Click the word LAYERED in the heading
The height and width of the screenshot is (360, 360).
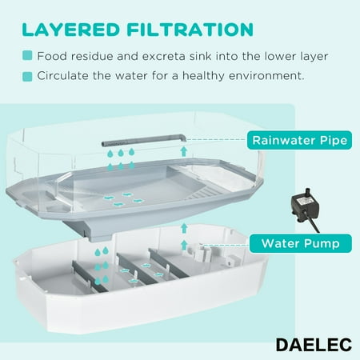pos(70,30)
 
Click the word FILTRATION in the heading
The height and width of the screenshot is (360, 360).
pos(190,30)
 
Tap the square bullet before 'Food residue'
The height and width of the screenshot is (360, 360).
pos(27,56)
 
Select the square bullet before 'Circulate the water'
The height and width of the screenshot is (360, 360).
pos(27,76)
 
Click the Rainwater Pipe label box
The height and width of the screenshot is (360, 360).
pos(299,140)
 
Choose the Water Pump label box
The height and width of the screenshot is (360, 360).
pos(301,243)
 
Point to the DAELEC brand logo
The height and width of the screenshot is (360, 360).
pos(314,345)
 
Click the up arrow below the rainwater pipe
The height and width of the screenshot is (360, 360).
pos(183,151)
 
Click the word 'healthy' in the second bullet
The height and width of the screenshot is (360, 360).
pos(203,76)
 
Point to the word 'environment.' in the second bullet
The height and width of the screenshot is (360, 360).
pos(266,76)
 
